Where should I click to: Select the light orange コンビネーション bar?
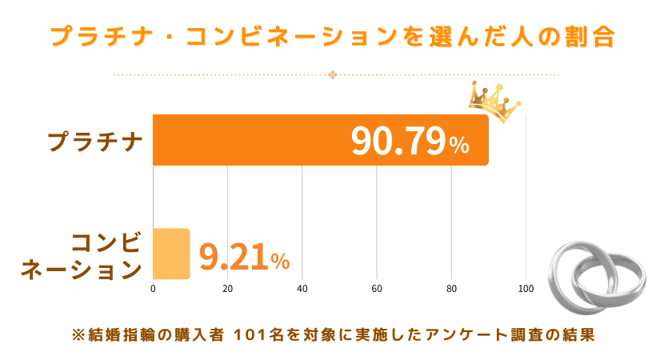(x=171, y=254)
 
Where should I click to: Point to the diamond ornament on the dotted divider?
(x=333, y=76)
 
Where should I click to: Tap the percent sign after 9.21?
(x=280, y=261)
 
